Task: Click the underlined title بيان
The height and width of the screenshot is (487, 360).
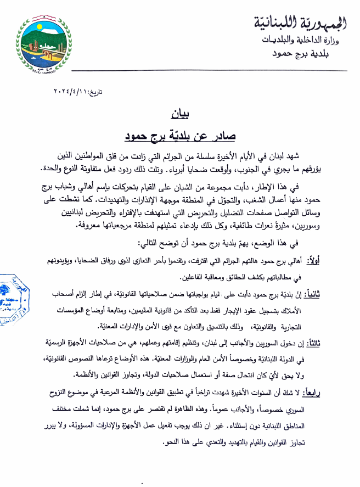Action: tap(179, 115)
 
